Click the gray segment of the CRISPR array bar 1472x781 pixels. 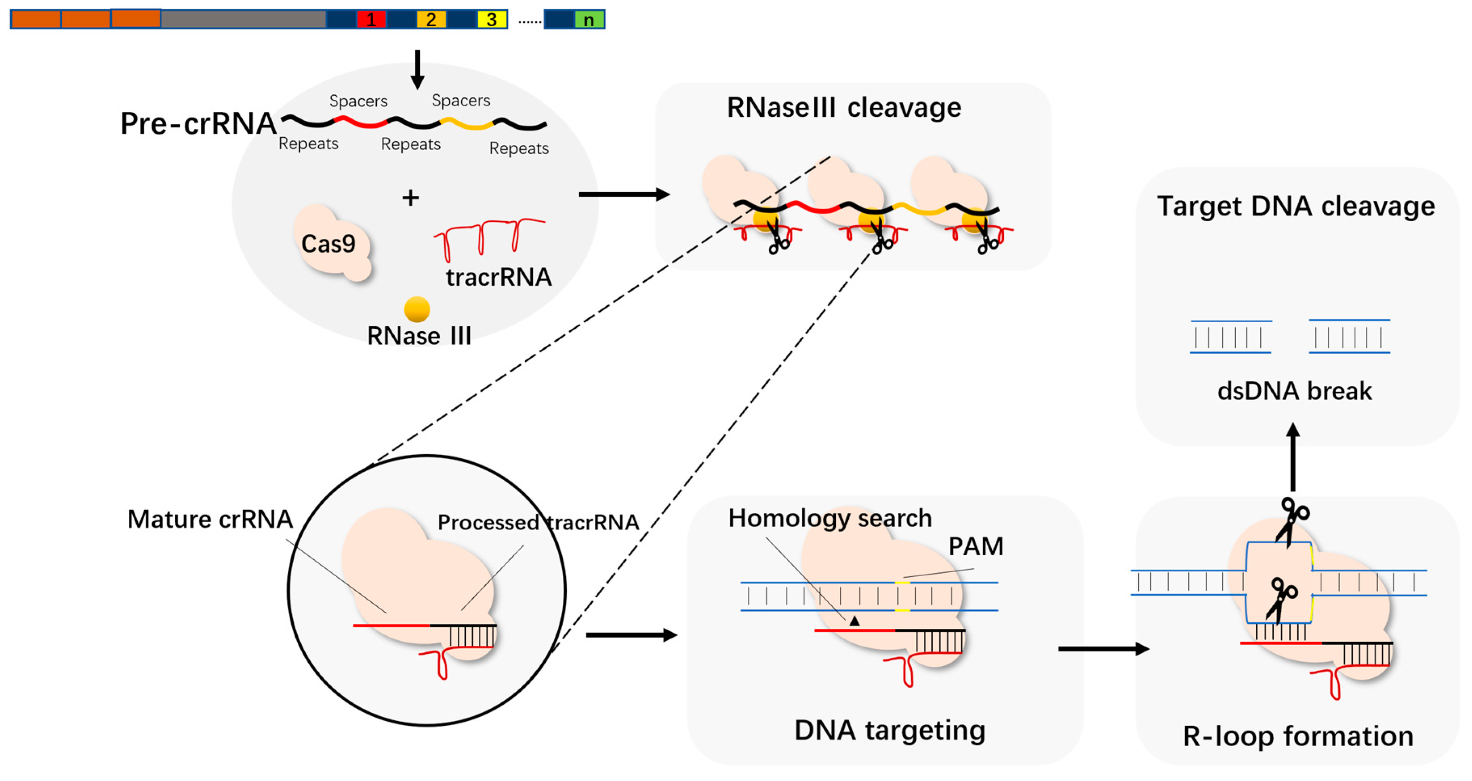point(244,19)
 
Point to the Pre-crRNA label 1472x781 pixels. point(198,124)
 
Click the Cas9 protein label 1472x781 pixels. point(328,244)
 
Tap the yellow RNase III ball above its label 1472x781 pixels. point(417,309)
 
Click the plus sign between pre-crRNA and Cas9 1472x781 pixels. point(410,198)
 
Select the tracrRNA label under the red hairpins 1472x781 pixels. point(498,277)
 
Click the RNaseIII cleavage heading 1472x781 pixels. point(844,107)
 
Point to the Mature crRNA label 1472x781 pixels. point(210,519)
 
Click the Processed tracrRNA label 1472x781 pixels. point(538,522)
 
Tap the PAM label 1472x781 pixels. point(976,547)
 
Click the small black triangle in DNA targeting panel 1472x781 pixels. point(854,620)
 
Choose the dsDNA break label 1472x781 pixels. point(1294,391)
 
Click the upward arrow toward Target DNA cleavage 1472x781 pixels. point(1293,457)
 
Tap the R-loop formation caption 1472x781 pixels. point(1298,737)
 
